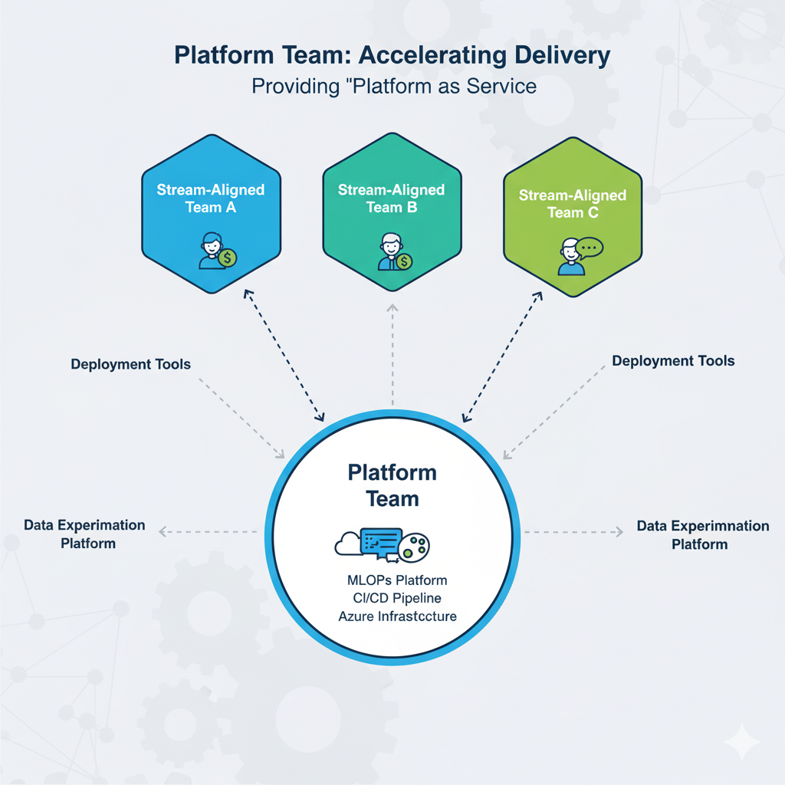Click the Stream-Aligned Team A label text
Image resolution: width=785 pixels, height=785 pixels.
[x=210, y=198]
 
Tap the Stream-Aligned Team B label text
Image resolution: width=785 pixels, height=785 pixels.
[x=391, y=198]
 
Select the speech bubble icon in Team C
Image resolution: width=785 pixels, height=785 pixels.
[x=590, y=248]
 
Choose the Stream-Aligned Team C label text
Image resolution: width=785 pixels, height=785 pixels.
[x=572, y=204]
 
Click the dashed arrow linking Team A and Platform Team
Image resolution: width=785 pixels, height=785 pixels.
[x=282, y=356]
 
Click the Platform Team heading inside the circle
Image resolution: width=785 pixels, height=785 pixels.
[x=392, y=485]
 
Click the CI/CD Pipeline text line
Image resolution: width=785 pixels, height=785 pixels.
[x=392, y=597]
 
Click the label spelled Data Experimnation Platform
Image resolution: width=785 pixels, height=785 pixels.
[x=702, y=535]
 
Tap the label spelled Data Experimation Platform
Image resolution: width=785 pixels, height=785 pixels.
[x=84, y=534]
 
